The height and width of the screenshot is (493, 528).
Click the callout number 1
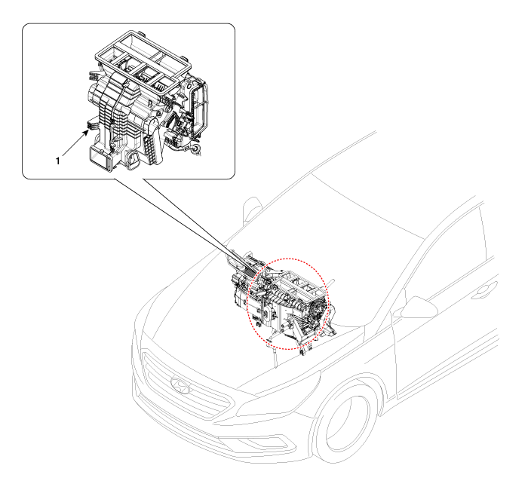click(57, 161)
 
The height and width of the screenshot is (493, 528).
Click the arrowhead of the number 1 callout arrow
click(86, 132)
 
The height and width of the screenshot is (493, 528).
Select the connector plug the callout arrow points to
click(92, 124)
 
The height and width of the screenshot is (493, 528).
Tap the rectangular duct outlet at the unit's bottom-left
click(100, 158)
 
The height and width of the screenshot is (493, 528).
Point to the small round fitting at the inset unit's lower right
click(195, 148)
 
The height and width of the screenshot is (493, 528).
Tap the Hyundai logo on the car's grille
click(180, 385)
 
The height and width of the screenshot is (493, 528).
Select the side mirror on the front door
click(419, 308)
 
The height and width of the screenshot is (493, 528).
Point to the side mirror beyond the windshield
click(251, 209)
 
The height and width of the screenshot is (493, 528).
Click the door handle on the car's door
click(484, 291)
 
